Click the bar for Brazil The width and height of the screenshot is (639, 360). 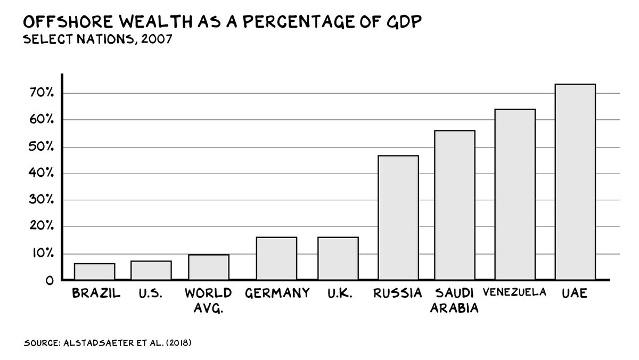[94, 272]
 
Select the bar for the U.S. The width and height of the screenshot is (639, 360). [151, 270]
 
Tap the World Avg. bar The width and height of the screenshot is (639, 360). [209, 267]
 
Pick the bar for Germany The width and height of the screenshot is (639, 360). [276, 258]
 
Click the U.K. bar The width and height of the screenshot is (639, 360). [338, 258]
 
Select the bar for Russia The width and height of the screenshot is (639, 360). [398, 217]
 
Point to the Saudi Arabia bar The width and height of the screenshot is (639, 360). [454, 205]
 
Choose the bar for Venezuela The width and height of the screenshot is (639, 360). [515, 194]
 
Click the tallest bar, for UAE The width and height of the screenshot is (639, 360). [575, 182]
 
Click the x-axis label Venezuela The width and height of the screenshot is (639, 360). [515, 292]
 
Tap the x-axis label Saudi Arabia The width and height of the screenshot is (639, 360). [454, 300]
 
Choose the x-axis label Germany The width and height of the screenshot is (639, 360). [277, 293]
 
